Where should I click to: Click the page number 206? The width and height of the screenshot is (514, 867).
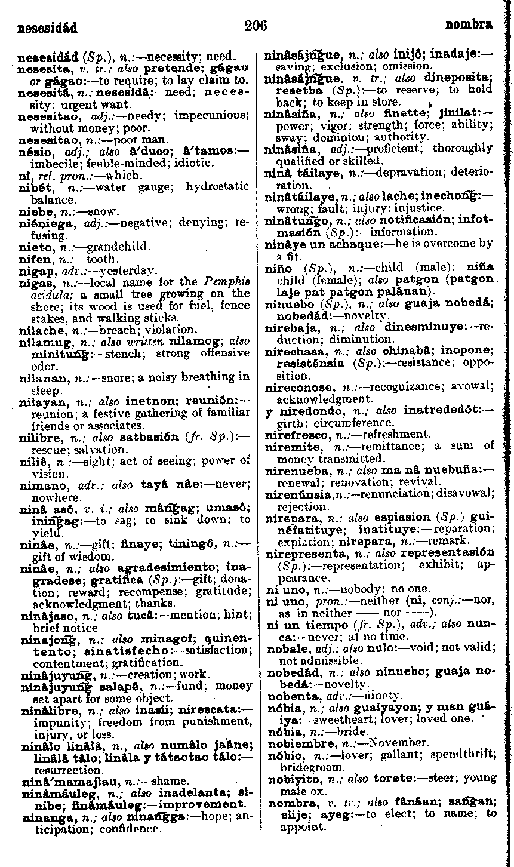click(256, 26)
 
